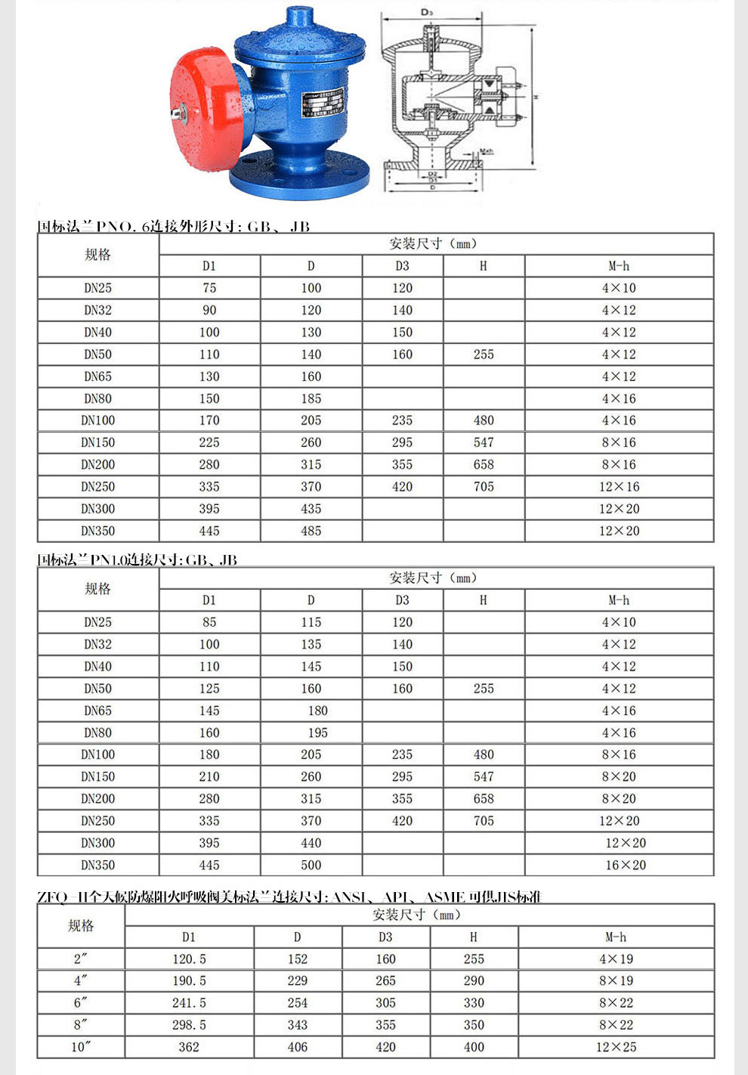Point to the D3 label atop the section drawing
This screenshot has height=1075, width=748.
pyautogui.click(x=426, y=13)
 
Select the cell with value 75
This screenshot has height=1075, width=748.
pyautogui.click(x=209, y=288)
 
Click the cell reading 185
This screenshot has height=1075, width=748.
pyautogui.click(x=311, y=398)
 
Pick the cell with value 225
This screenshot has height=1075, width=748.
pyautogui.click(x=209, y=442)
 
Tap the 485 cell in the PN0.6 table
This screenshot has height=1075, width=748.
pyautogui.click(x=311, y=531)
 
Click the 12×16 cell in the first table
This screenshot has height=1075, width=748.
pyautogui.click(x=619, y=487)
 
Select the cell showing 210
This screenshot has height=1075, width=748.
pyautogui.click(x=209, y=776)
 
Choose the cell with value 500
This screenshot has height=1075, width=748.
pyautogui.click(x=311, y=865)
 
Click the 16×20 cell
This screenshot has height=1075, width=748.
pyautogui.click(x=626, y=865)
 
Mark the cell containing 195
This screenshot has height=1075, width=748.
pyautogui.click(x=317, y=733)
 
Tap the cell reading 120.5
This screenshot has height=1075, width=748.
pyautogui.click(x=189, y=959)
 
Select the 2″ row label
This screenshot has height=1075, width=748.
pyautogui.click(x=81, y=959)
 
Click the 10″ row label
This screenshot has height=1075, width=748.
pyautogui.click(x=81, y=1047)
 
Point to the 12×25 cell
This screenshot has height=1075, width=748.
pyautogui.click(x=616, y=1047)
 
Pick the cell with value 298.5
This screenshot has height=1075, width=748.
pyautogui.click(x=189, y=1025)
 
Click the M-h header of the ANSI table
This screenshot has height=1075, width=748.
pyautogui.click(x=616, y=937)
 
